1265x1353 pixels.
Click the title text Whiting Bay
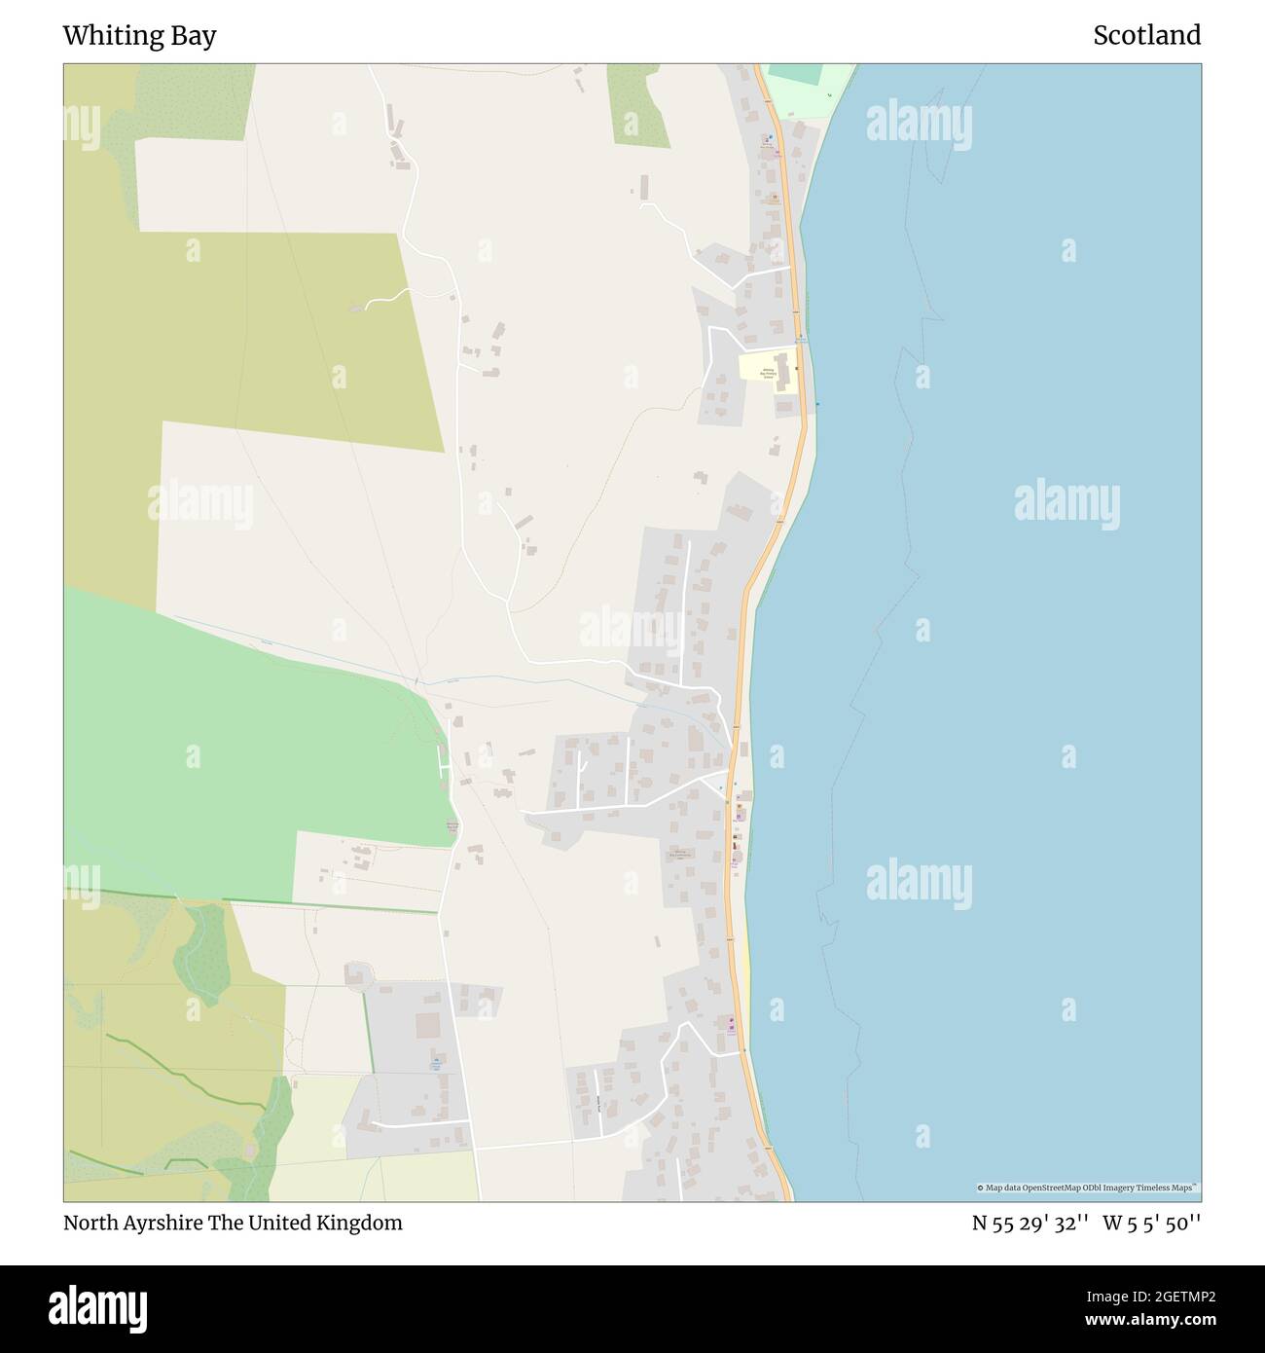click(139, 36)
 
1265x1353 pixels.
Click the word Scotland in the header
click(1146, 36)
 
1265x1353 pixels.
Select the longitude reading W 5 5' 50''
click(1152, 1224)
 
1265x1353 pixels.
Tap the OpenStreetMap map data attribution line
click(1087, 1188)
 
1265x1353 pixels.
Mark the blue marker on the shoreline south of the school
click(817, 404)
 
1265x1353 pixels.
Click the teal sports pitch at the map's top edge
click(794, 75)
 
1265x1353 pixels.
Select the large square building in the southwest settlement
click(428, 1025)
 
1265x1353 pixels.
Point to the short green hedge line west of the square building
click(368, 1032)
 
